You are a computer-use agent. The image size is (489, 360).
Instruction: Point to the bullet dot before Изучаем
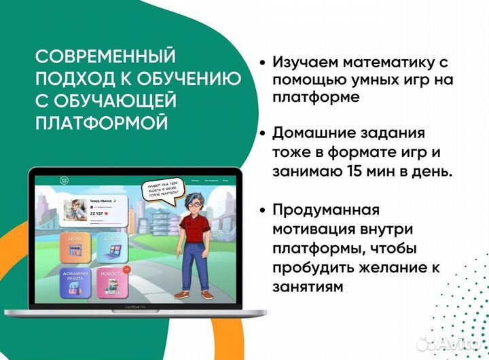pos(262,62)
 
